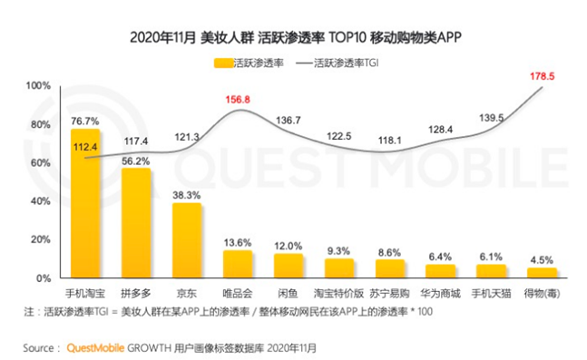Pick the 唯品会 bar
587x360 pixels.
coord(238,264)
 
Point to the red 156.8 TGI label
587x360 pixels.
coord(239,100)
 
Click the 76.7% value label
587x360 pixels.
coord(85,121)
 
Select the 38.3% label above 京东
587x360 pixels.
coord(187,194)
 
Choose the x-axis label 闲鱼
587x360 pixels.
coord(289,294)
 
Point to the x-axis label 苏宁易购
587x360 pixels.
coord(390,294)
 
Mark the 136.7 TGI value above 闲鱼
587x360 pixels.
coord(289,121)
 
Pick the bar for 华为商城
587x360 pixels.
coord(441,271)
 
